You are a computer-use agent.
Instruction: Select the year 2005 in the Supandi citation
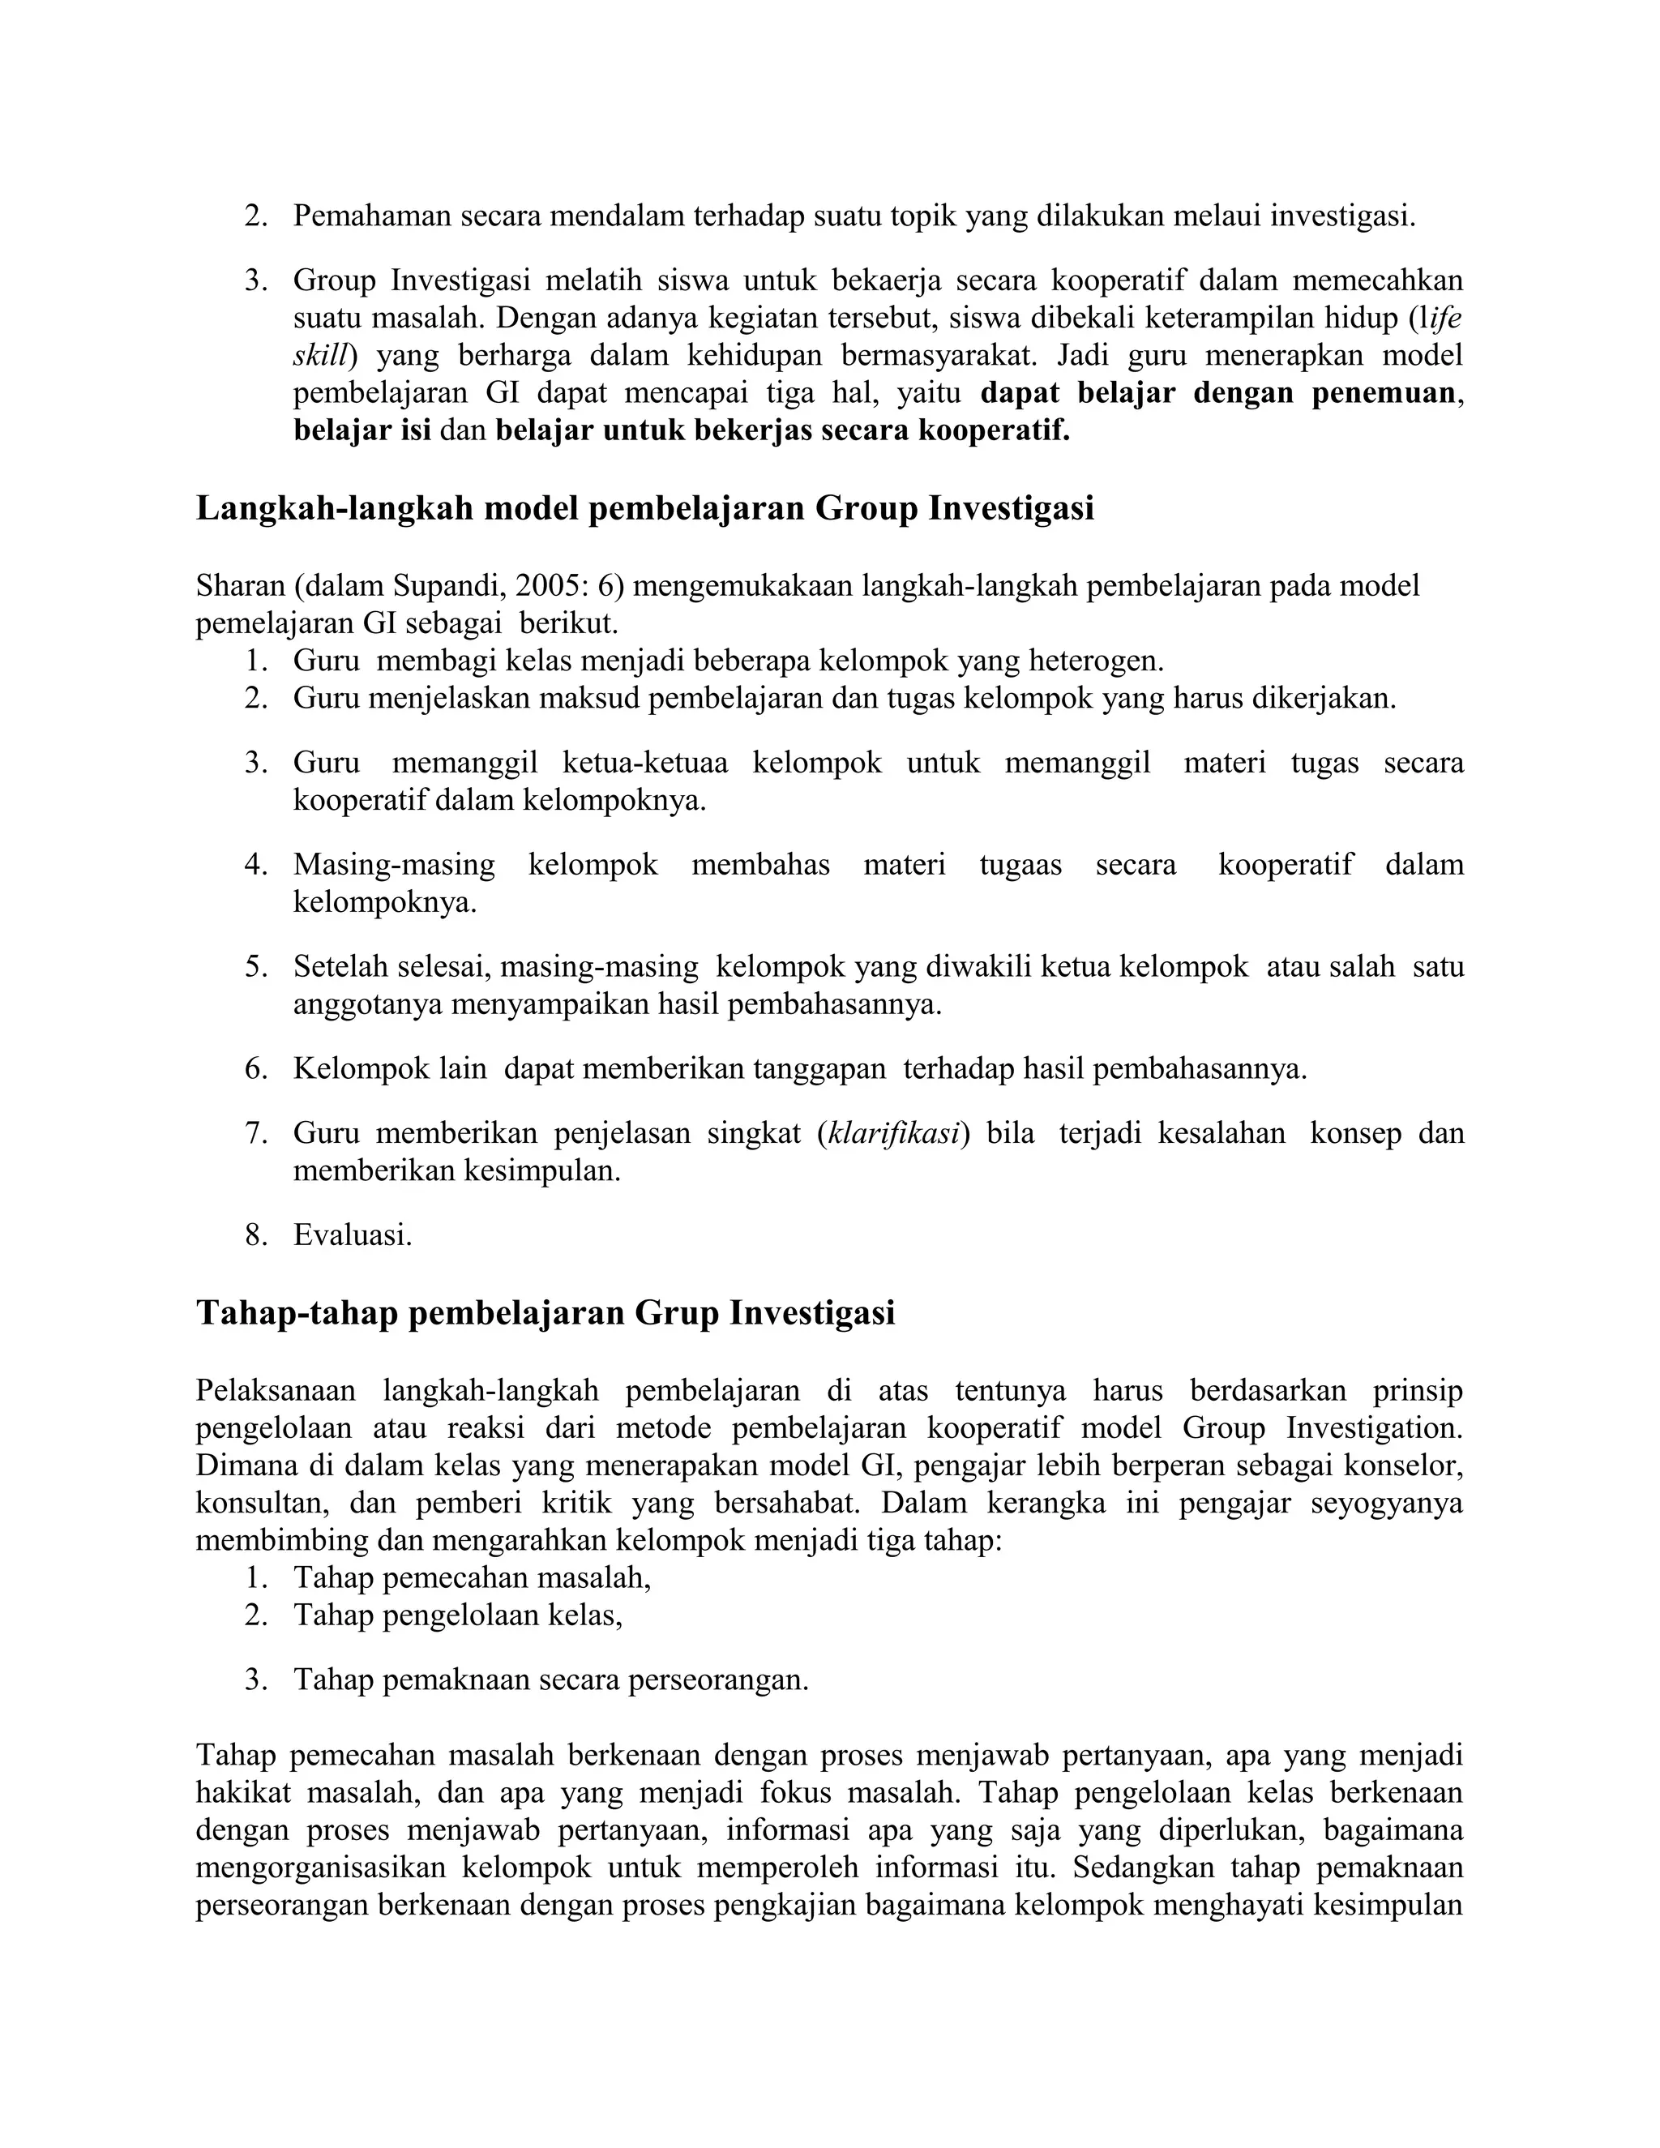click(550, 586)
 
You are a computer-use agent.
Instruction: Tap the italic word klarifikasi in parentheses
click(894, 1133)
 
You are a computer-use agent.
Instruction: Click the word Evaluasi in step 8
click(351, 1235)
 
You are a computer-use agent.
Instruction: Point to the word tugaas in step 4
click(1020, 866)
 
